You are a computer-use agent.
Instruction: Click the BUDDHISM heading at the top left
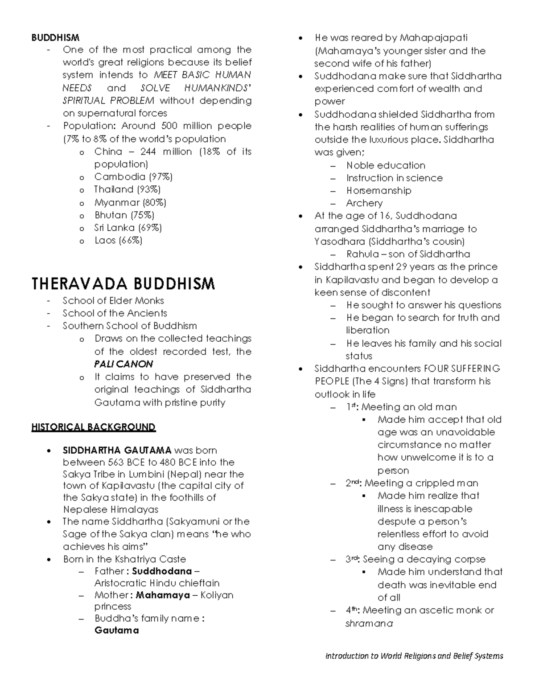(55, 37)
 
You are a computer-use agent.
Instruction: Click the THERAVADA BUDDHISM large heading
(123, 284)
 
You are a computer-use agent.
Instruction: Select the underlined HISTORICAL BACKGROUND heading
(93, 427)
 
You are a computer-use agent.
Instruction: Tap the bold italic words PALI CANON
(123, 364)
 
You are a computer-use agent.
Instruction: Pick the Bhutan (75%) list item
(124, 215)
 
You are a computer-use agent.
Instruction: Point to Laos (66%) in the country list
(118, 241)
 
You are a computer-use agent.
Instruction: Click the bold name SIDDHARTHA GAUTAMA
(117, 450)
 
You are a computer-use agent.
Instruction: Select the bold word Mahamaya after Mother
(163, 595)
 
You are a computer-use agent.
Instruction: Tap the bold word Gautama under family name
(116, 631)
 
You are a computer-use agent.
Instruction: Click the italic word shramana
(369, 624)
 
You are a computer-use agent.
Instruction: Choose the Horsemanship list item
(379, 191)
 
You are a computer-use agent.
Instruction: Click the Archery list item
(364, 203)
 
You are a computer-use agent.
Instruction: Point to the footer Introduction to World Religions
(414, 656)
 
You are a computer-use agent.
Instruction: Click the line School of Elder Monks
(113, 301)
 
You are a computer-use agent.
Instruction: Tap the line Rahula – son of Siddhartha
(408, 254)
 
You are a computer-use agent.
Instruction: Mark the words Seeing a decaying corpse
(424, 560)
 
